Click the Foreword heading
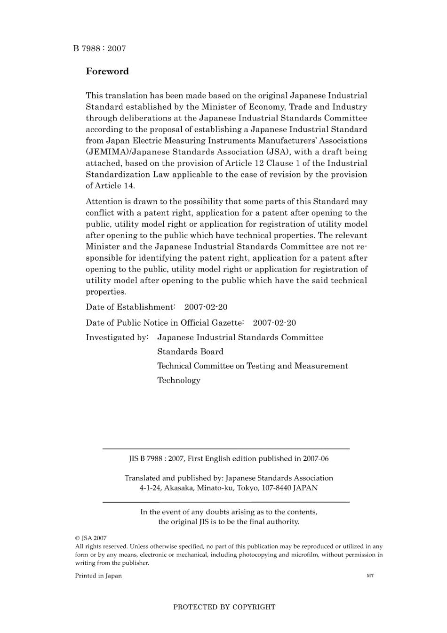coord(107,72)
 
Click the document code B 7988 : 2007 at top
coord(99,48)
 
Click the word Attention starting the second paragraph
coord(104,202)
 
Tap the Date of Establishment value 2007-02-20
coord(206,307)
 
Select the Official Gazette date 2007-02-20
coord(274,323)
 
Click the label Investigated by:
coord(117,337)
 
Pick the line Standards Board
coord(190,352)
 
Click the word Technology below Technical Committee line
coord(179,380)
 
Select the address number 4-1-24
coord(150,488)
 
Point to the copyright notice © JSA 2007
coord(91,538)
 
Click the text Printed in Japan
coord(98,576)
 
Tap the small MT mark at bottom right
coord(370,576)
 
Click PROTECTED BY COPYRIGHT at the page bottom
coord(224,607)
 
